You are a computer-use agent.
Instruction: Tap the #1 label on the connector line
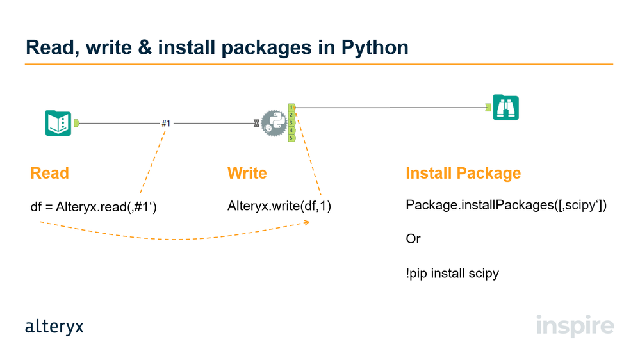coord(166,123)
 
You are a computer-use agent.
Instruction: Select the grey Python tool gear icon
coord(273,123)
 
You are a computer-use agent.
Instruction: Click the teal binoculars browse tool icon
coord(506,108)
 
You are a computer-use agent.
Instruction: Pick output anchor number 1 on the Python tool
coord(291,107)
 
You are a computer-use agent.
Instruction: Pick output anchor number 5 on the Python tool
coord(291,138)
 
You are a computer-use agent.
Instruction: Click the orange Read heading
coord(49,173)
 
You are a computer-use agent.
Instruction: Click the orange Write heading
coord(247,173)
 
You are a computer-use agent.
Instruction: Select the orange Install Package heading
coord(463,173)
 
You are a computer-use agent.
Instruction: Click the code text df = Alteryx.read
coord(94,207)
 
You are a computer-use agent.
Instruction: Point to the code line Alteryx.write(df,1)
coord(279,206)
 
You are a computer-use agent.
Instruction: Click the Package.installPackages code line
coord(505,206)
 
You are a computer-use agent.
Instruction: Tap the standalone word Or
coord(413,239)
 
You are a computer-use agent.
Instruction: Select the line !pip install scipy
coord(452,274)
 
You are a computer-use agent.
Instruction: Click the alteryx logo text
coord(54,327)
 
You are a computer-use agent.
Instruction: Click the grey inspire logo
coord(575,325)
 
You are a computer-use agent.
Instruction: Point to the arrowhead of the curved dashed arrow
coord(308,222)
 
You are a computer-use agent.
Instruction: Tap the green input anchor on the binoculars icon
coord(488,108)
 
